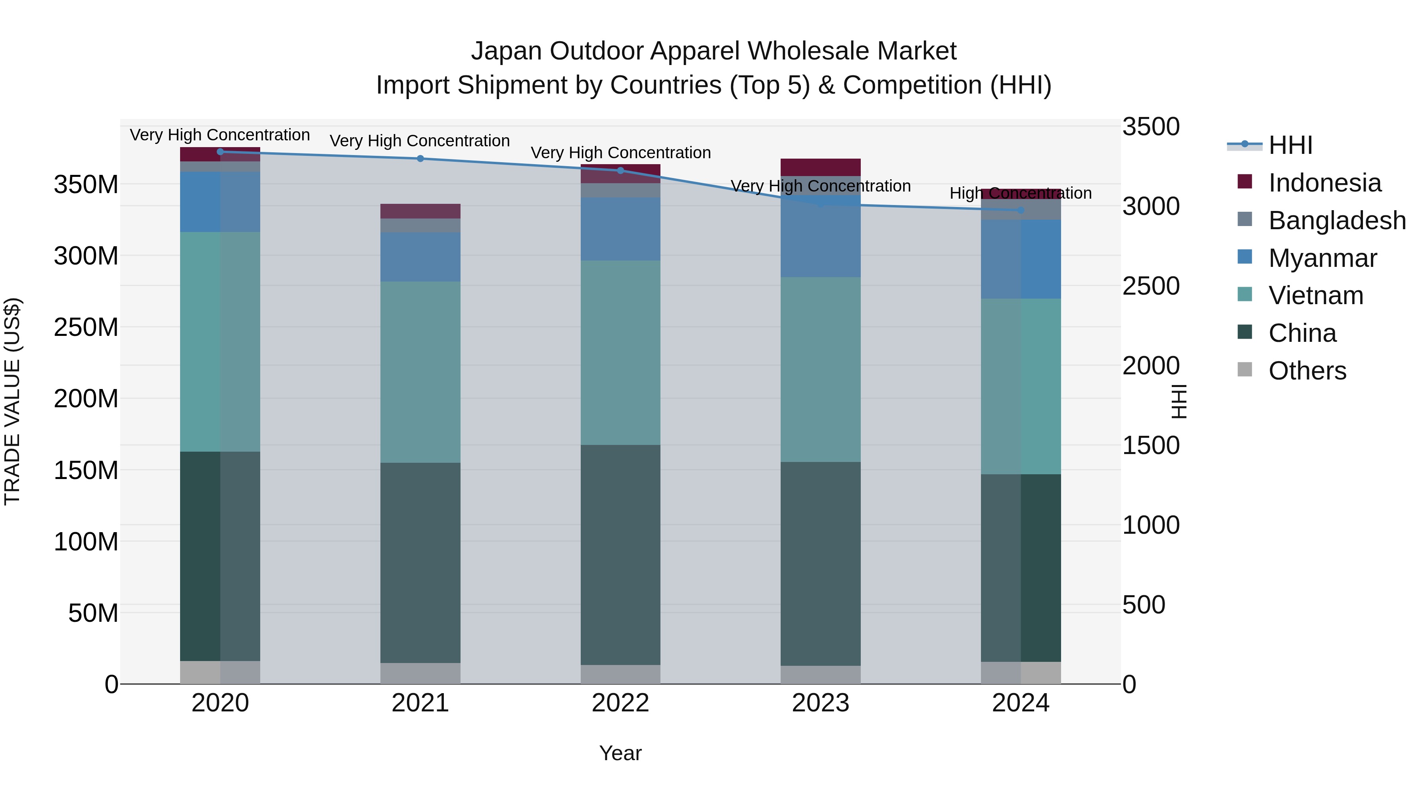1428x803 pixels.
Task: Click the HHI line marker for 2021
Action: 420,159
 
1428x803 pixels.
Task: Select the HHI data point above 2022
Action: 620,171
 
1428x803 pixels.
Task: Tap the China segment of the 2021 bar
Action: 420,562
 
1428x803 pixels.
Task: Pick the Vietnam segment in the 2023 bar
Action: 820,370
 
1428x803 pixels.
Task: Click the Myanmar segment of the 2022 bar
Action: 620,229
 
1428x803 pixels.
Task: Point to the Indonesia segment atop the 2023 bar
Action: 820,167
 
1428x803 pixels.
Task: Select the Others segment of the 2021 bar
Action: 420,673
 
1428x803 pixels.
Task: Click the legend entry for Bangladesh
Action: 1336,220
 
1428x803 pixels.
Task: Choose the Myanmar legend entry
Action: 1322,258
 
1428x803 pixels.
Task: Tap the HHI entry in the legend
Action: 1290,145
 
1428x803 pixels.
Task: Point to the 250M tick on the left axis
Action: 86,328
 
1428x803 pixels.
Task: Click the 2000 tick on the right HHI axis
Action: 1151,366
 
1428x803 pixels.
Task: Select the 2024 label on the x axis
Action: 1021,703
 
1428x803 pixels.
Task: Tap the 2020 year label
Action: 220,703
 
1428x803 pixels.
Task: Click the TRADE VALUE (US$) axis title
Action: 12,401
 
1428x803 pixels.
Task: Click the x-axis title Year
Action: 620,753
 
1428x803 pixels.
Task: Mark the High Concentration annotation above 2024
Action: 1021,194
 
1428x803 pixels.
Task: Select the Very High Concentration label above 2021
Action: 420,141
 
